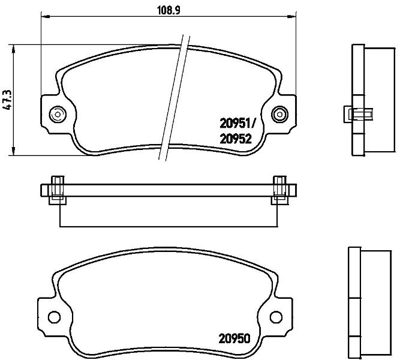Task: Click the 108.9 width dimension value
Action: point(169,10)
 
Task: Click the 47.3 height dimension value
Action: point(7,100)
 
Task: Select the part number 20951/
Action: point(237,124)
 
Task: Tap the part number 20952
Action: point(236,139)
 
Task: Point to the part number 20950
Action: point(234,338)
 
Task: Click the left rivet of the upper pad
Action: point(58,115)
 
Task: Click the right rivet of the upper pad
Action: point(279,115)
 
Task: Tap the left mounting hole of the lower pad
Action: point(54,317)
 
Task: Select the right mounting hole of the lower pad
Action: point(276,317)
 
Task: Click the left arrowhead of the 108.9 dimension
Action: point(45,17)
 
